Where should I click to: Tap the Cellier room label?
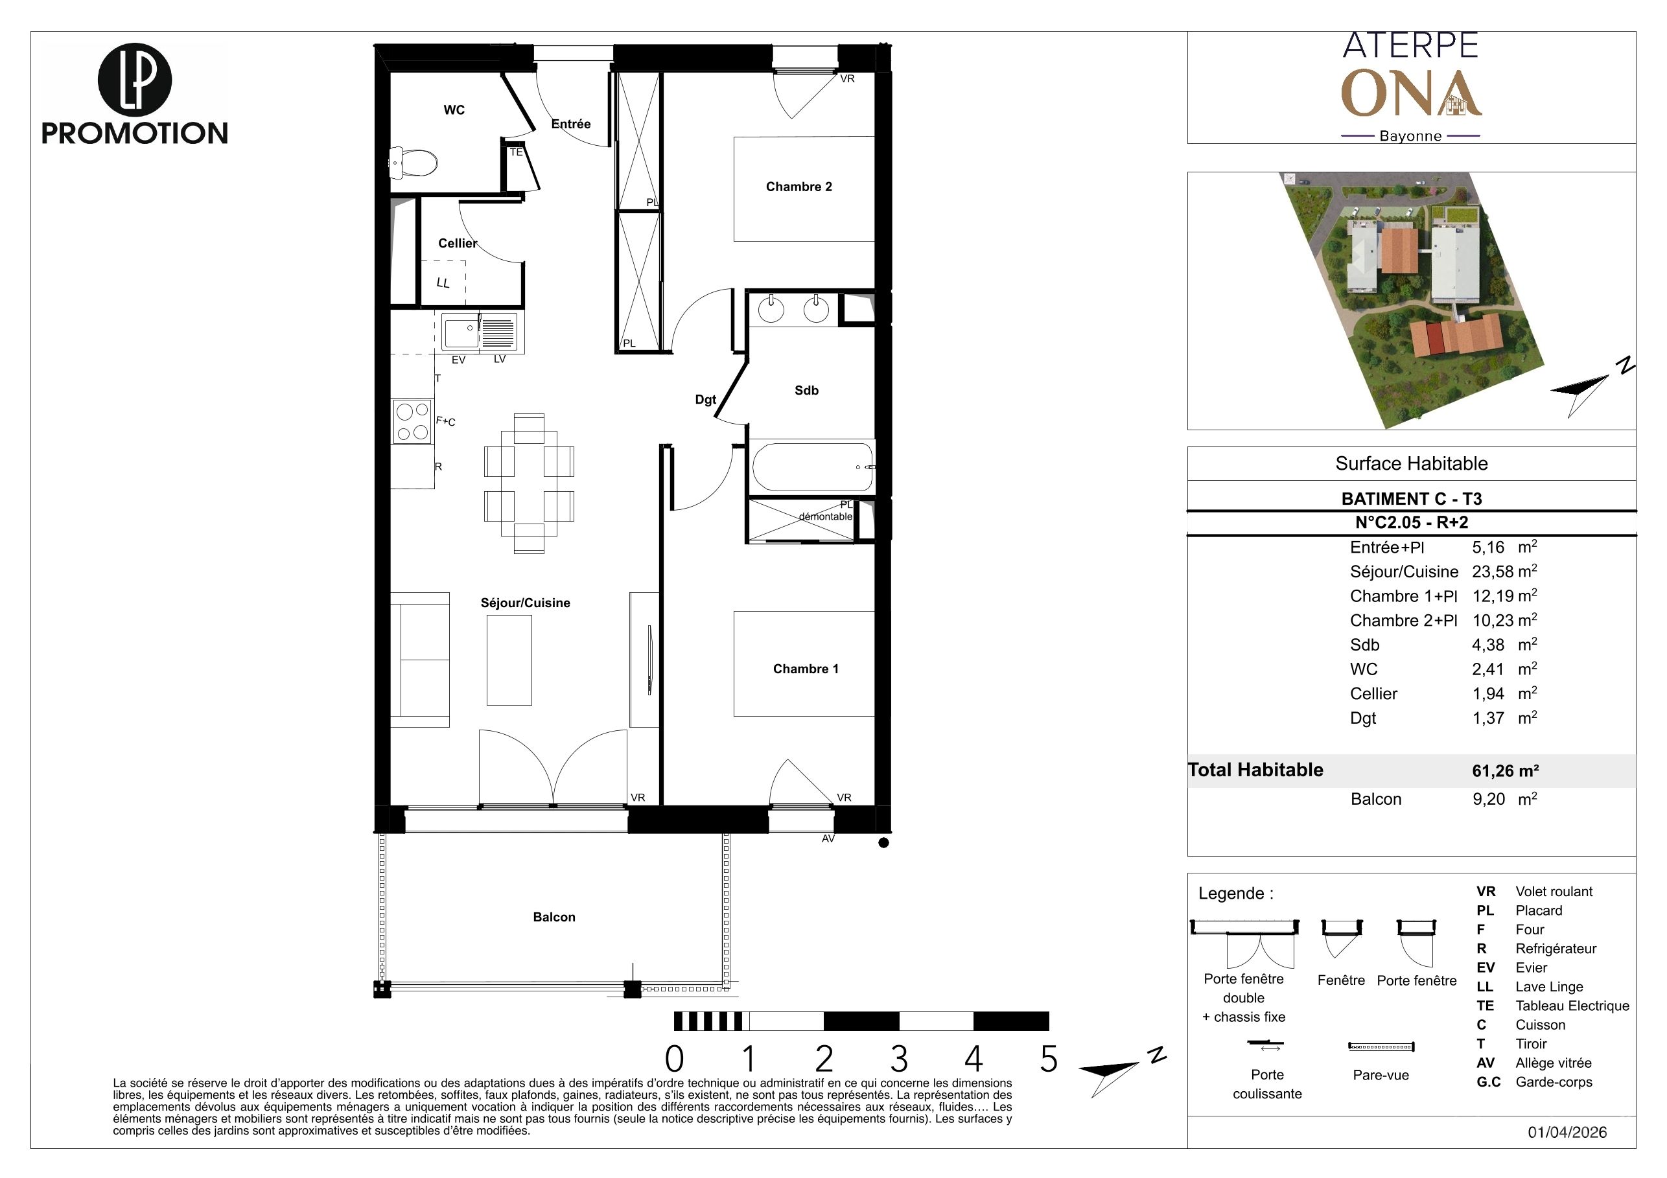458,243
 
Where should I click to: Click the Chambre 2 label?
799,187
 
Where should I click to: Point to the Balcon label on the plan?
554,917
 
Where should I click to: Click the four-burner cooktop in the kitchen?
412,422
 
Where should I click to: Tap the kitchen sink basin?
460,332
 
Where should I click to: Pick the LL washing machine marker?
443,283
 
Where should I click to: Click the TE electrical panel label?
515,152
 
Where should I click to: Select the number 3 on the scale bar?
899,1059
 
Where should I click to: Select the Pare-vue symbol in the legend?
1381,1046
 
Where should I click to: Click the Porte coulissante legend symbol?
1266,1045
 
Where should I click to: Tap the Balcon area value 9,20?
1488,799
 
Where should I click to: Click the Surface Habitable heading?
1412,464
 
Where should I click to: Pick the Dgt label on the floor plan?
706,399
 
